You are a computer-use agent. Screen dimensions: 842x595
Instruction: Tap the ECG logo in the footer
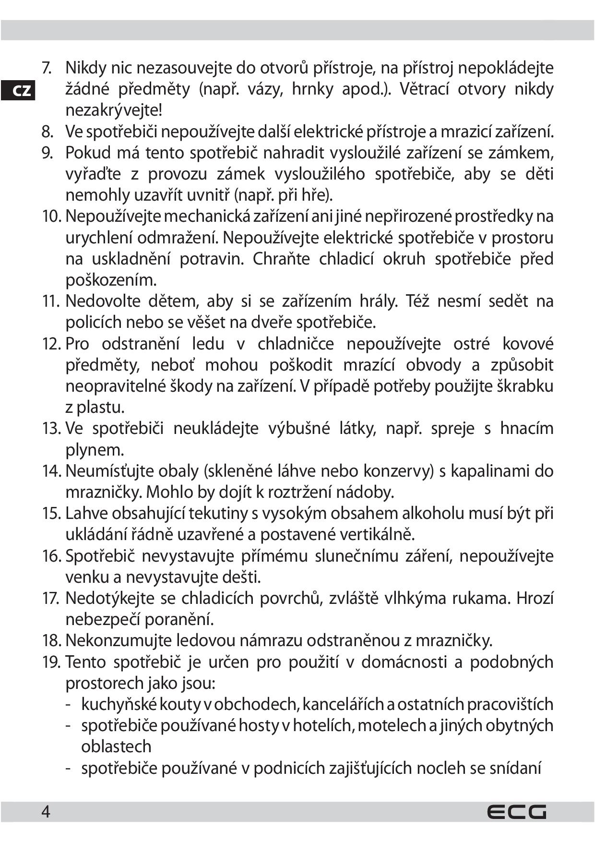(x=517, y=812)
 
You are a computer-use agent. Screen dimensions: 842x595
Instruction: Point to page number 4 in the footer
(x=46, y=812)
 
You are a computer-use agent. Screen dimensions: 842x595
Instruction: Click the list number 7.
(x=47, y=68)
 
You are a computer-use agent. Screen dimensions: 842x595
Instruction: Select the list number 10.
(x=52, y=217)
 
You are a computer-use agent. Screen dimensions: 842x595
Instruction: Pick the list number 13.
(x=52, y=429)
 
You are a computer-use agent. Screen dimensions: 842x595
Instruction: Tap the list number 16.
(x=52, y=556)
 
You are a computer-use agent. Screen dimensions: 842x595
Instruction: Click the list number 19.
(x=52, y=662)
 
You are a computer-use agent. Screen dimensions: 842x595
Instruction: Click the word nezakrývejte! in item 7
(x=114, y=111)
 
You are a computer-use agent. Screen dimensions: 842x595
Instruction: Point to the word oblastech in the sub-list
(x=116, y=746)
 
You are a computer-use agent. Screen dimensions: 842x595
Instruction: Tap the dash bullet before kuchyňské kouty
(x=69, y=705)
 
